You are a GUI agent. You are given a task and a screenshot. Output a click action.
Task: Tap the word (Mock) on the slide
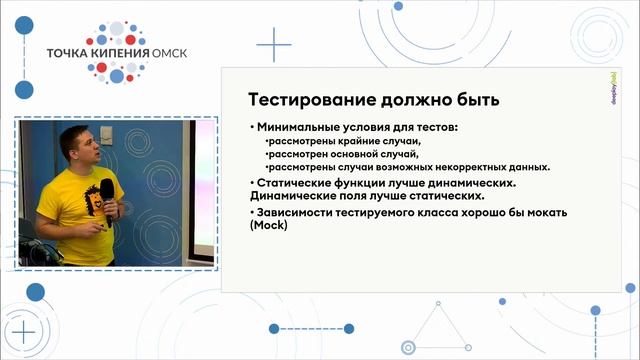pos(267,226)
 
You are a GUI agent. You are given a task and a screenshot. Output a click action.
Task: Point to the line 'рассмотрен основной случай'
pos(326,155)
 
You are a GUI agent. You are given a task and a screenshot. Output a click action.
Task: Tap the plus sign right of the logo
pos(273,45)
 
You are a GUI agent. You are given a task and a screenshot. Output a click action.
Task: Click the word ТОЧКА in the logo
pos(58,54)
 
